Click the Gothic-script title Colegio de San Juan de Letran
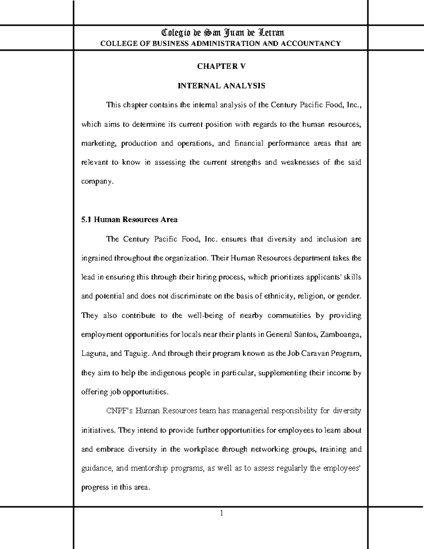tap(222, 33)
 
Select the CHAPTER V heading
tap(221, 66)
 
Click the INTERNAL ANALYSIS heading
tap(221, 86)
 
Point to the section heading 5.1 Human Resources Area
tap(129, 220)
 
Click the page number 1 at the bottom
tap(221, 513)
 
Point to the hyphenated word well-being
tap(205, 316)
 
